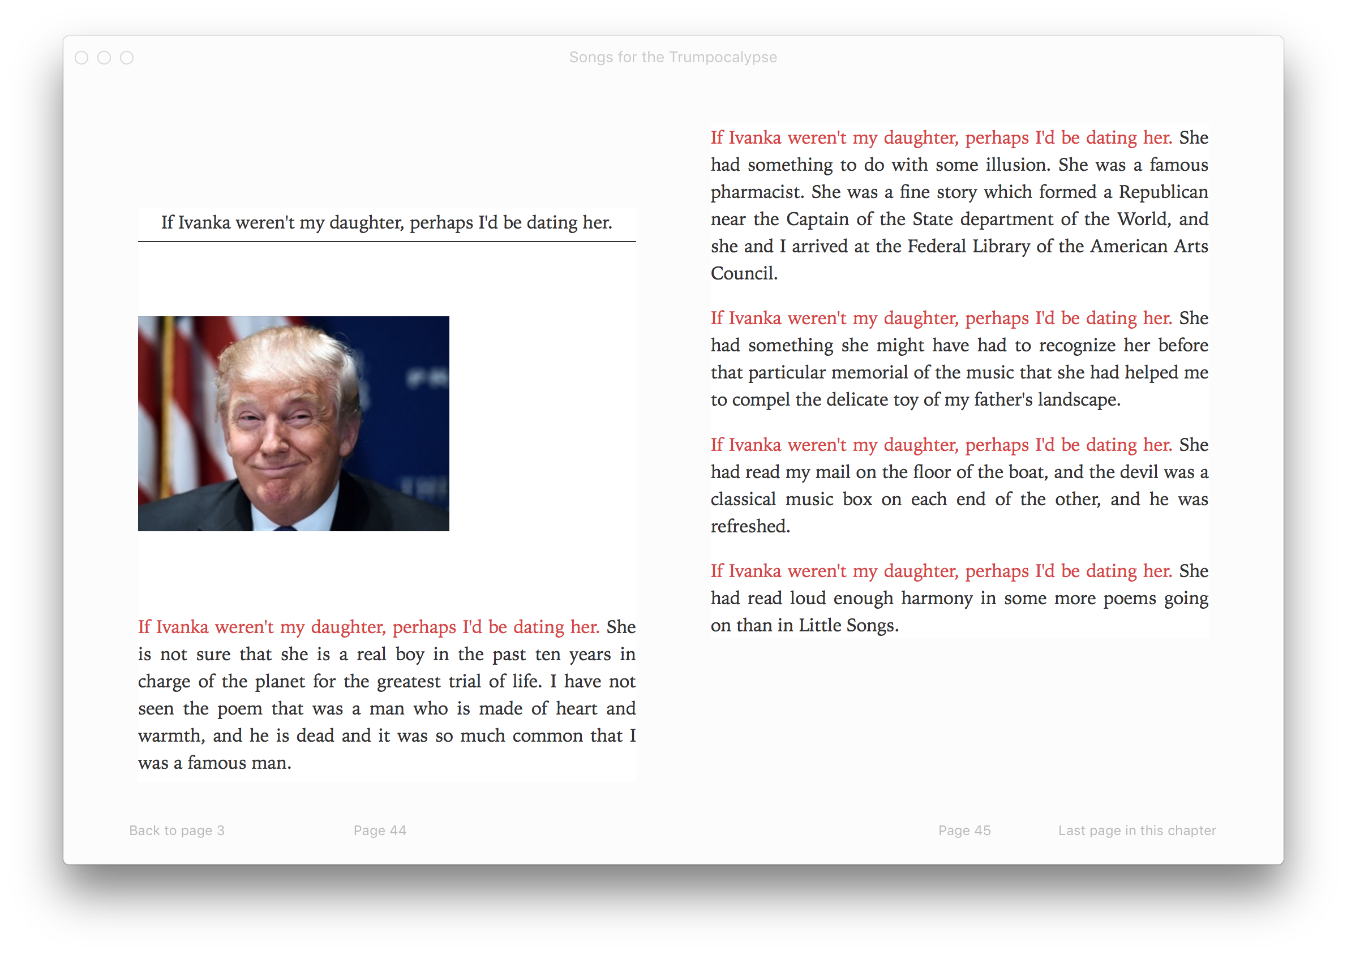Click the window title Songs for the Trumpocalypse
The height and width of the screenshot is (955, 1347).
tap(673, 57)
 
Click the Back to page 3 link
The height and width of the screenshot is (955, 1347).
tap(177, 831)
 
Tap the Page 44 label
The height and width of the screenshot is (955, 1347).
tap(380, 831)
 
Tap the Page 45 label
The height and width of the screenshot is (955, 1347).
tap(964, 831)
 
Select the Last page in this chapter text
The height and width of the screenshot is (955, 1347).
tap(1137, 831)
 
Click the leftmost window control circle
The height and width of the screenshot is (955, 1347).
tap(81, 58)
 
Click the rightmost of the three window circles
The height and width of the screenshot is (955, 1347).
tap(126, 58)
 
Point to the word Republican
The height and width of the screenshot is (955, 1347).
tap(1163, 192)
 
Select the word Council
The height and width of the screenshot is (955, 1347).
tap(744, 273)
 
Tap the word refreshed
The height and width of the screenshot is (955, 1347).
tap(750, 526)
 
